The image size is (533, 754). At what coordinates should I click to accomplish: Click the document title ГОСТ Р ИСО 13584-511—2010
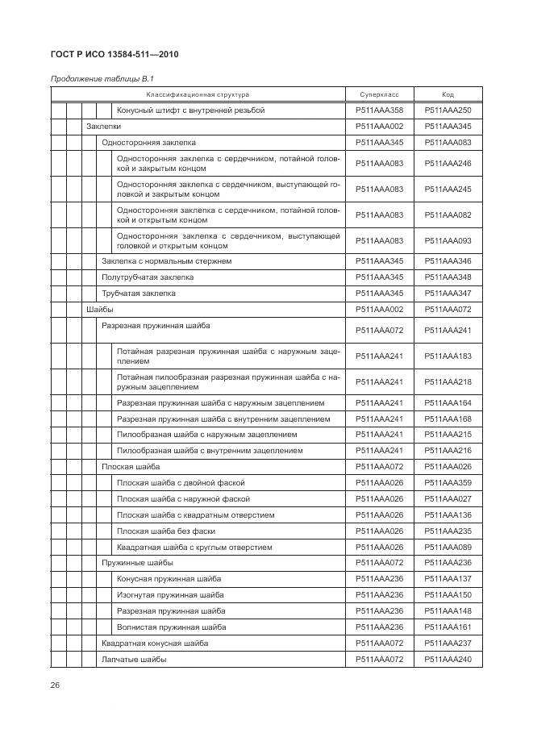tap(114, 55)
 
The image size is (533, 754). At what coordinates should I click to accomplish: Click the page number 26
tap(55, 685)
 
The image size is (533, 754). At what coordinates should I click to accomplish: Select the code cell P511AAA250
tap(448, 110)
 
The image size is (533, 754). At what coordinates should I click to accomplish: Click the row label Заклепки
tap(103, 127)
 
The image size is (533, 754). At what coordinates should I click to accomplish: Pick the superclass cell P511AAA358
tap(379, 110)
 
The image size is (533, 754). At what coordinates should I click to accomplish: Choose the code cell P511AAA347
tap(448, 294)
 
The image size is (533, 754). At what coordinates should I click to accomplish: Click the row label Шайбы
tap(99, 310)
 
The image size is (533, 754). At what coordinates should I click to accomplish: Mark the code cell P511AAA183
tap(448, 356)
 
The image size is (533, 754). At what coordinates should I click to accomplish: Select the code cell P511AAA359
tap(448, 483)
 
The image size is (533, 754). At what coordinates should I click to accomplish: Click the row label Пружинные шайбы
tap(137, 563)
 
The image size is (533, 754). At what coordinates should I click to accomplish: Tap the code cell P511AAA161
tap(448, 627)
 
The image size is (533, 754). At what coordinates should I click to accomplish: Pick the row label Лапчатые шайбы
tap(134, 660)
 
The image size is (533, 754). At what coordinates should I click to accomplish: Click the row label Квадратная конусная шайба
tap(154, 644)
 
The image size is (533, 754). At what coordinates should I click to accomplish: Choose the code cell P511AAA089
tap(448, 548)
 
